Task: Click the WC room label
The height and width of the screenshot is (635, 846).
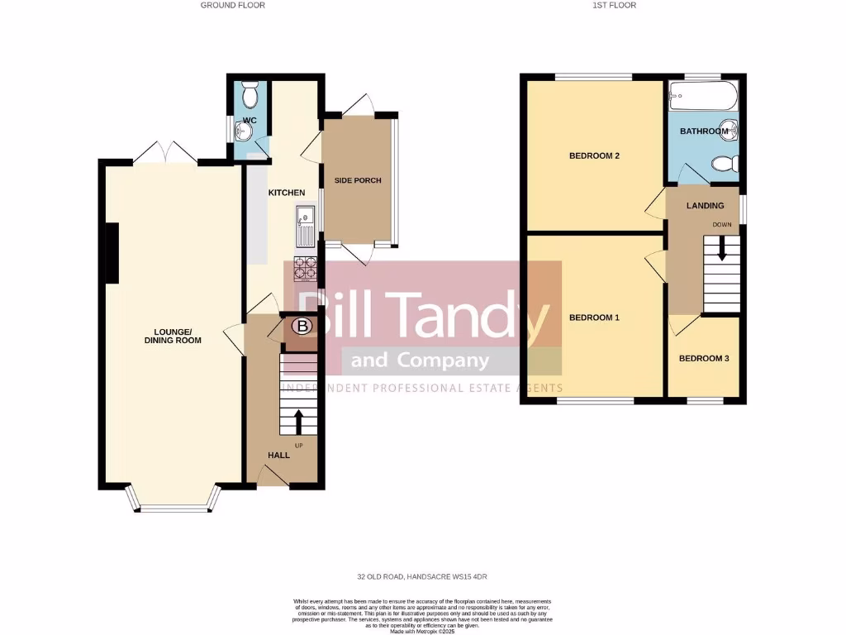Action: (250, 121)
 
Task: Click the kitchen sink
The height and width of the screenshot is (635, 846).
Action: (304, 226)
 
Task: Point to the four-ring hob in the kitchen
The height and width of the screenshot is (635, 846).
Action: (305, 269)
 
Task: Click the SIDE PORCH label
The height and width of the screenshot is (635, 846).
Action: (358, 180)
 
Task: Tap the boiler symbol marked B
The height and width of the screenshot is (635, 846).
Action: (303, 327)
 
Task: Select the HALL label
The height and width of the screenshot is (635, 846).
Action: (278, 456)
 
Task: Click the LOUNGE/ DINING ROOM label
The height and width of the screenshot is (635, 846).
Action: (173, 336)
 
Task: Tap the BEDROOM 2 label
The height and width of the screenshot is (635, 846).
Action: (594, 155)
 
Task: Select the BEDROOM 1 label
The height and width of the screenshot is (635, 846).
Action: (594, 317)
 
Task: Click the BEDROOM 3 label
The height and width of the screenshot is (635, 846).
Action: (704, 359)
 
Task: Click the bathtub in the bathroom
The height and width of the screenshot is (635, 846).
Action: (703, 98)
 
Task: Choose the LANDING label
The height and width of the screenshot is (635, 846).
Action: (705, 206)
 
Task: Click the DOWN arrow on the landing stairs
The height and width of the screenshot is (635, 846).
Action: (722, 249)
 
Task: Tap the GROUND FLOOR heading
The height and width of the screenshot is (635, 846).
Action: (233, 5)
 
